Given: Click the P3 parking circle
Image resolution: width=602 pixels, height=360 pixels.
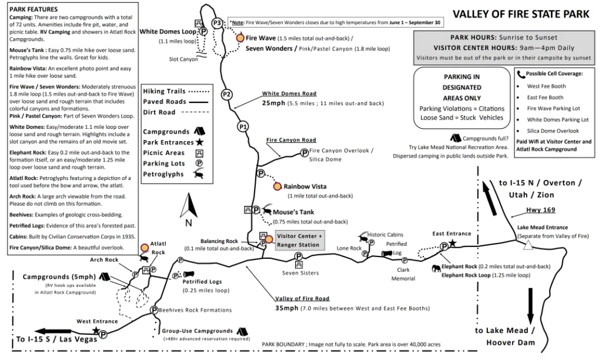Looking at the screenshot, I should click(x=217, y=23).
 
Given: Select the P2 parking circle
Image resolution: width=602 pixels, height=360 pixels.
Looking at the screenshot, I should click(x=226, y=94).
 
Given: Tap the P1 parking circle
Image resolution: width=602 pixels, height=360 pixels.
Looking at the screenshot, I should click(x=242, y=126).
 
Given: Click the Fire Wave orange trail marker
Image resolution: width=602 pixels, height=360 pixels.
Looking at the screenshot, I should click(x=240, y=38).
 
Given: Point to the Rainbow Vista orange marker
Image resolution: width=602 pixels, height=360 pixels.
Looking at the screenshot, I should click(x=277, y=186).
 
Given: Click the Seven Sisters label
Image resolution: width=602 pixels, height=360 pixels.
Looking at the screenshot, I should click(x=300, y=273).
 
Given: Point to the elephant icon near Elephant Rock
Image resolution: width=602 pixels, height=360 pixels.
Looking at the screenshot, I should click(x=436, y=268).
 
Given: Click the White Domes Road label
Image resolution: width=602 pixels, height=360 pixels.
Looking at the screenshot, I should click(x=289, y=94).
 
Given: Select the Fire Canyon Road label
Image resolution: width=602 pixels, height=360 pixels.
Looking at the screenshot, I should click(x=291, y=140).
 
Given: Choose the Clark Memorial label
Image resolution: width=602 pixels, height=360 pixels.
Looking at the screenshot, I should click(x=403, y=274).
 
